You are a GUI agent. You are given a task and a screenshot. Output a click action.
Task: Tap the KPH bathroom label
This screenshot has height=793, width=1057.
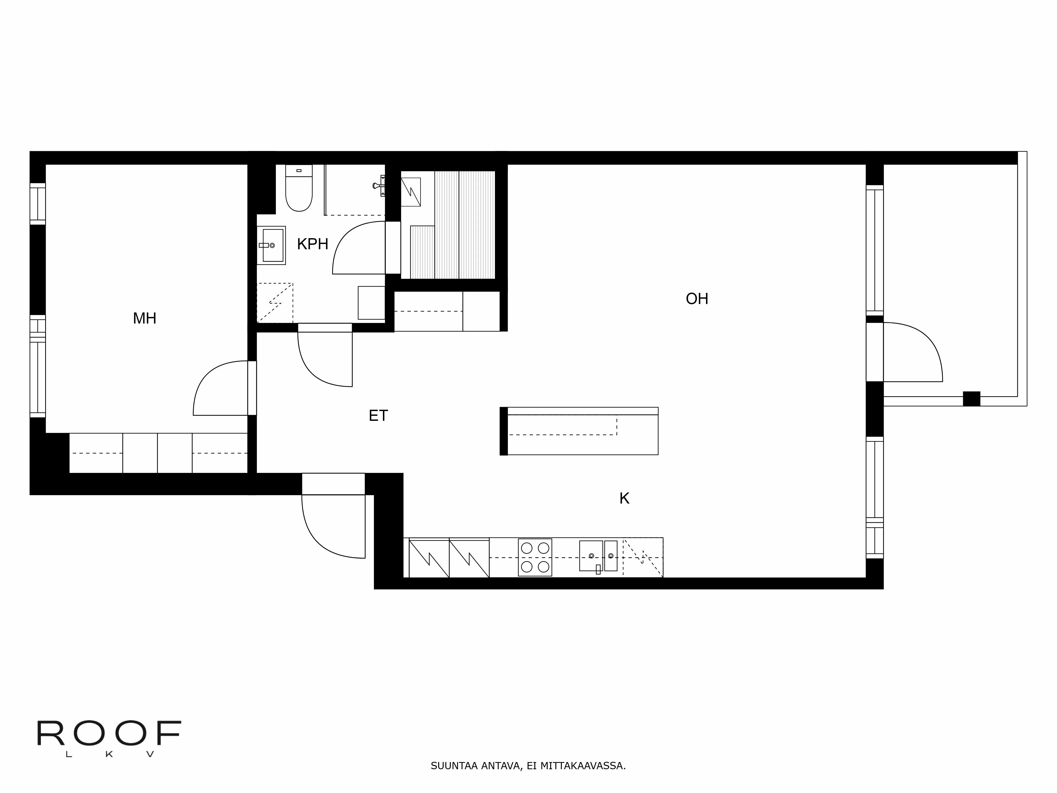[313, 244]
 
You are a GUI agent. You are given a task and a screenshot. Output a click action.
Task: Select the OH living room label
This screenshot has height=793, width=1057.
[697, 299]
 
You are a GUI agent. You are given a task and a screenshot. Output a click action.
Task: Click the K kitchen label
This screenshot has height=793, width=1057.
[624, 499]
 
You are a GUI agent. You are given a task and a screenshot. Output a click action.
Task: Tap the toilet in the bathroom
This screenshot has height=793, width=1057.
[299, 188]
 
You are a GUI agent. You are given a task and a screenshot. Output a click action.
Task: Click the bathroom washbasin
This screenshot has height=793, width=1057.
[271, 245]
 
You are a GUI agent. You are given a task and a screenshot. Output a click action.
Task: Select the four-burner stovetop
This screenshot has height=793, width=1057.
[535, 557]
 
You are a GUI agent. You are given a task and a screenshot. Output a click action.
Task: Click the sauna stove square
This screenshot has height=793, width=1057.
[410, 192]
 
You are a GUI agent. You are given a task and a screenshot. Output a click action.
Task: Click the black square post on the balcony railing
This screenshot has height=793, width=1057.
[971, 399]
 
